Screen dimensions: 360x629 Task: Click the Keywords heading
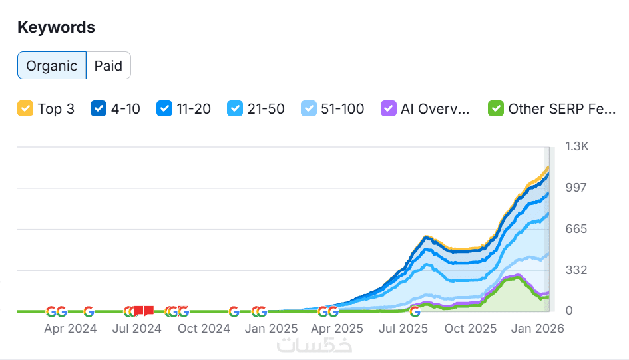tap(56, 27)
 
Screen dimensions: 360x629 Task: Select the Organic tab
tap(52, 65)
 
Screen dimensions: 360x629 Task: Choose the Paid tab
tap(108, 65)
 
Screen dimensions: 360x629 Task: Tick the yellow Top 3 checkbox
tap(25, 108)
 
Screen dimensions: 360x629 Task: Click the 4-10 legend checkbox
tap(99, 108)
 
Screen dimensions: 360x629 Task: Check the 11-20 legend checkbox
tap(164, 108)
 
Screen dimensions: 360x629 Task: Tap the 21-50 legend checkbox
tap(234, 108)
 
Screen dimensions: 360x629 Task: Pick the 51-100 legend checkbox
tap(308, 108)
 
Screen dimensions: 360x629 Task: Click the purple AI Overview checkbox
tap(388, 108)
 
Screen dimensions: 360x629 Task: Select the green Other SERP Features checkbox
tap(495, 108)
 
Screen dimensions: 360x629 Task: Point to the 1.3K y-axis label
tap(576, 146)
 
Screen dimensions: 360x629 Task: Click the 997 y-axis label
tap(576, 188)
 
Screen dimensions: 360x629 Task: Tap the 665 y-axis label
tap(576, 229)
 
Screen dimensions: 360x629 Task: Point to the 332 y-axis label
tap(576, 270)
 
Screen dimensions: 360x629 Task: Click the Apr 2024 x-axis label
tap(71, 329)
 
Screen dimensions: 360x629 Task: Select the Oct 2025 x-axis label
tap(471, 329)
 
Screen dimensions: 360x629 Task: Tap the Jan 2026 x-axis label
tap(538, 329)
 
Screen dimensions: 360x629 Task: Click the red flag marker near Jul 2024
tap(144, 311)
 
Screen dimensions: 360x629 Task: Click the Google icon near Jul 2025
tap(415, 311)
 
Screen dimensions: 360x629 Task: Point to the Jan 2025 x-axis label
tap(271, 329)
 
